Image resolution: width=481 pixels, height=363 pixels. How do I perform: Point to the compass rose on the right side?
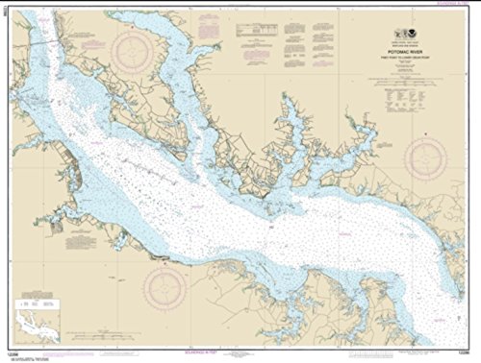click(x=424, y=158)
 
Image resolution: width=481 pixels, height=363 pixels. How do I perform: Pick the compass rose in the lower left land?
click(x=166, y=286)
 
